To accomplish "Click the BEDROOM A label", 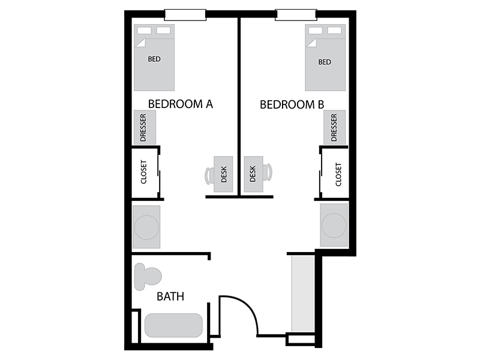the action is pyautogui.click(x=181, y=104).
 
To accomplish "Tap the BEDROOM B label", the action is pyautogui.click(x=292, y=104).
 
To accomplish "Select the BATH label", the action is pyautogui.click(x=170, y=296).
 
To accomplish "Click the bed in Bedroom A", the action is pyautogui.click(x=154, y=58).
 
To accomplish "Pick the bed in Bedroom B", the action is pyautogui.click(x=325, y=58).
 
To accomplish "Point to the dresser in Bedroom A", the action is pyautogui.click(x=145, y=127).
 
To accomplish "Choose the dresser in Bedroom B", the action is pyautogui.click(x=335, y=127).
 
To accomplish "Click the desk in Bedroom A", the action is pyautogui.click(x=223, y=174).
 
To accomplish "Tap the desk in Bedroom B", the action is pyautogui.click(x=253, y=174).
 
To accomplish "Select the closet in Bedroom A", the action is pyautogui.click(x=145, y=173).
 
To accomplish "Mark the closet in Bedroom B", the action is pyautogui.click(x=334, y=173).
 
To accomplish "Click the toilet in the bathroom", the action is pyautogui.click(x=148, y=277).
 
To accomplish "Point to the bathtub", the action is pyautogui.click(x=173, y=325).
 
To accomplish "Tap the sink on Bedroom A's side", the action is pyautogui.click(x=146, y=227).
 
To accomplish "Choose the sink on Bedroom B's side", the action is pyautogui.click(x=334, y=226).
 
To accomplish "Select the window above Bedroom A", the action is pyautogui.click(x=185, y=14).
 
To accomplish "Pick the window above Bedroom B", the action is pyautogui.click(x=296, y=14).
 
